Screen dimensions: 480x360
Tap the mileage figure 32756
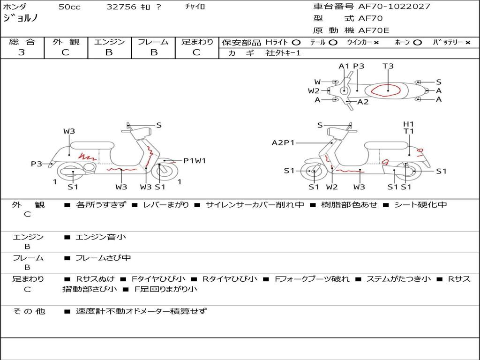click(121, 7)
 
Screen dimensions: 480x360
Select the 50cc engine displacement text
click(68, 7)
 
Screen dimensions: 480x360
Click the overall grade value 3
click(22, 52)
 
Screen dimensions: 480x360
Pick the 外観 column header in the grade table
click(66, 42)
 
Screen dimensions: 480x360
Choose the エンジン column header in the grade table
click(109, 42)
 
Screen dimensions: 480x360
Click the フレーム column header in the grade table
click(153, 42)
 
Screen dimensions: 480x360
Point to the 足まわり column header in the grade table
click(197, 42)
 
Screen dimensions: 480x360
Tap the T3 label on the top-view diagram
click(388, 66)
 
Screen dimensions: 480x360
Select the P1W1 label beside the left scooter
click(195, 161)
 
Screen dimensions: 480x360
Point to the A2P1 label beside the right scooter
click(283, 142)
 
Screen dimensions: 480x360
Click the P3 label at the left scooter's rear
click(37, 164)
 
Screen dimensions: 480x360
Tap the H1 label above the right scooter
click(409, 124)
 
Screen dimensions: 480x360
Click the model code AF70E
click(374, 31)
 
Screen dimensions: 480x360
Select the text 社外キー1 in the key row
click(284, 53)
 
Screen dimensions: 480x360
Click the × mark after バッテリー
click(467, 43)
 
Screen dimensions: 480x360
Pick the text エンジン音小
click(101, 237)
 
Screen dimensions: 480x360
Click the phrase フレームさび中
click(103, 258)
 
